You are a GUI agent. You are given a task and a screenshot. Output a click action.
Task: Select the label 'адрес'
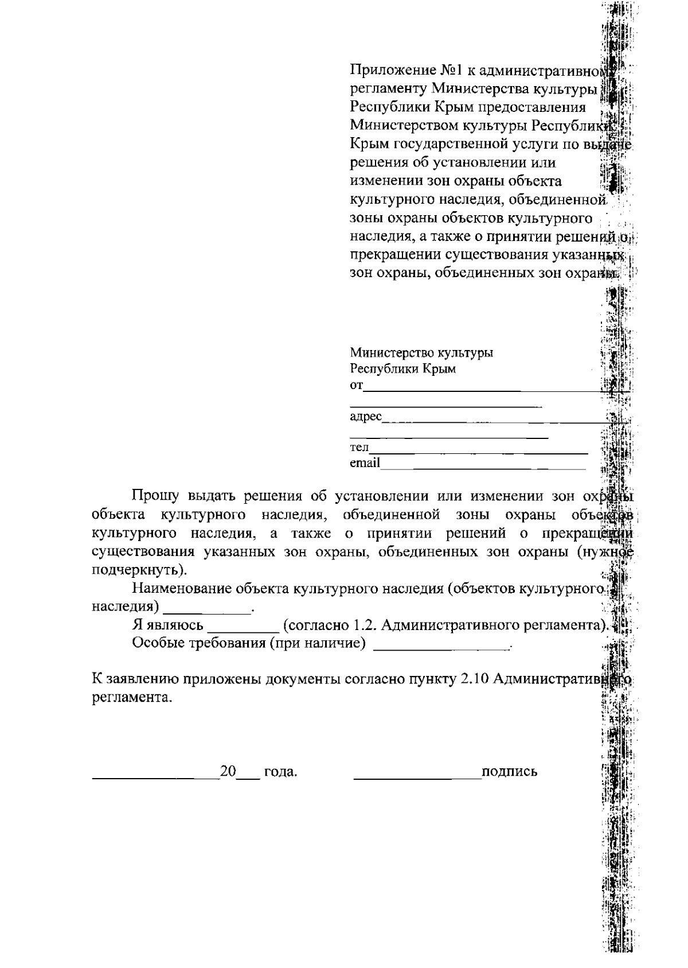pyautogui.click(x=365, y=417)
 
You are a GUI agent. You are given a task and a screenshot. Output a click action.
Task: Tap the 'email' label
pyautogui.click(x=365, y=463)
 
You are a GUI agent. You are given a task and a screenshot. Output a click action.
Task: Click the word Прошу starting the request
pyautogui.click(x=155, y=496)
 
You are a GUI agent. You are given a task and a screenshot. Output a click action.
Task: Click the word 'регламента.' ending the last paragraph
pyautogui.click(x=132, y=698)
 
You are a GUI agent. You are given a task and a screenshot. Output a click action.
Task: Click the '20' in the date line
pyautogui.click(x=228, y=771)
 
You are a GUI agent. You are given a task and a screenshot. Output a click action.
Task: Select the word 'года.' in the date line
pyautogui.click(x=280, y=772)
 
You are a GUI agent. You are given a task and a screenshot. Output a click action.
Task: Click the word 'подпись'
pyautogui.click(x=510, y=772)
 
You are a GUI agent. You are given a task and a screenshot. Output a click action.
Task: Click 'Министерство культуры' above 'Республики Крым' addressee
pyautogui.click(x=421, y=353)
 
